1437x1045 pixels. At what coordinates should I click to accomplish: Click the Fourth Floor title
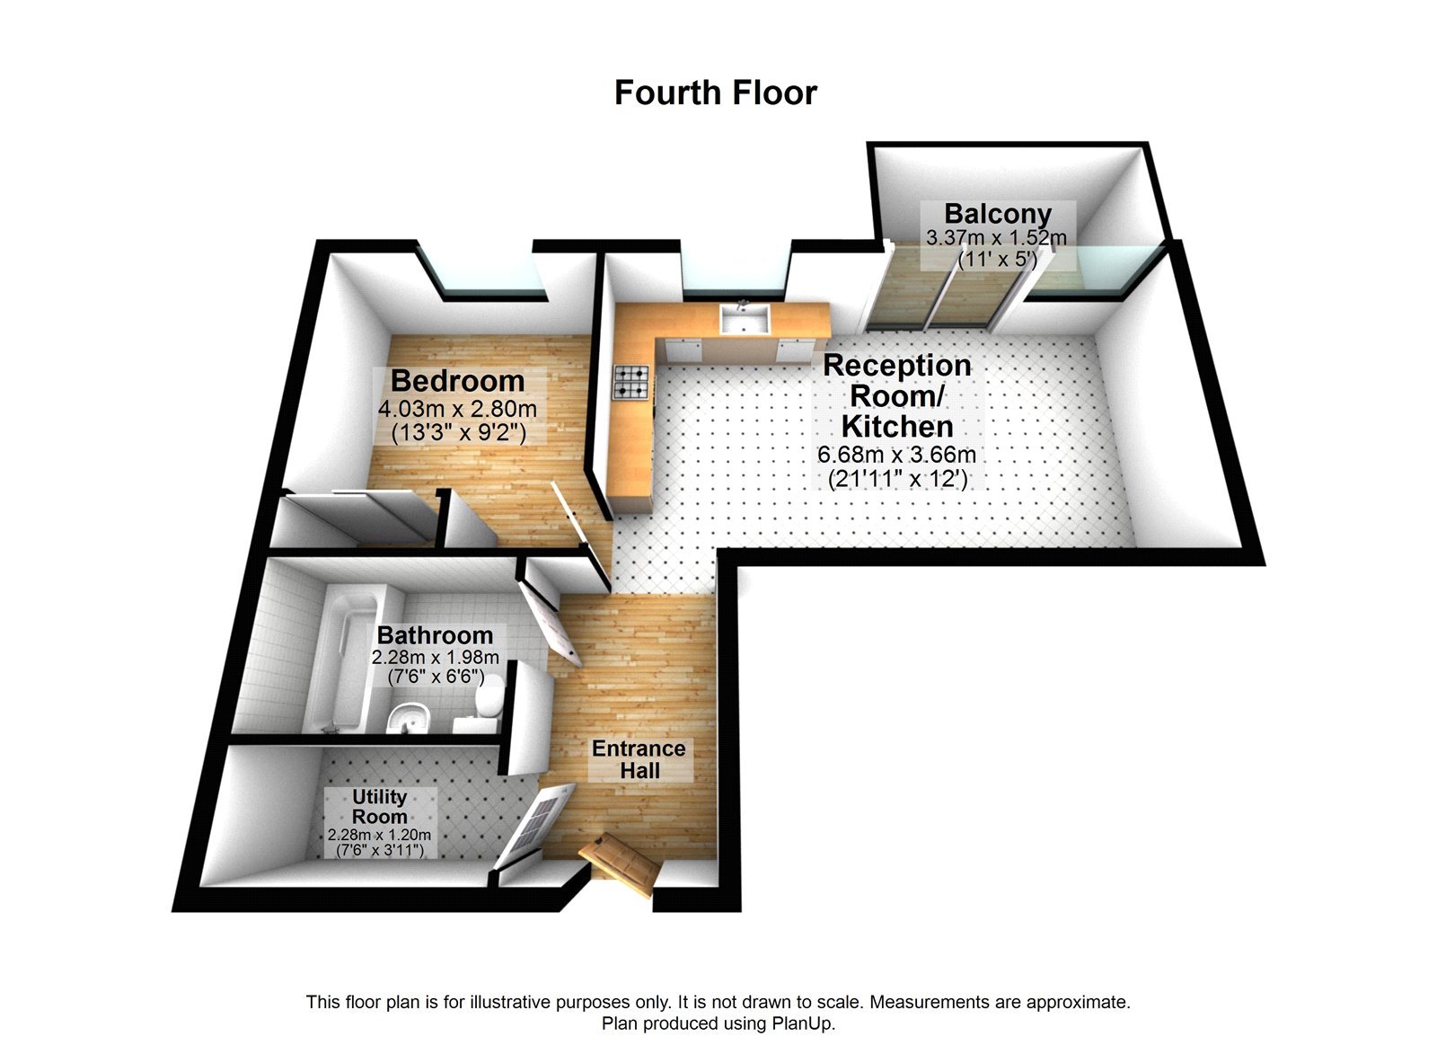pyautogui.click(x=715, y=93)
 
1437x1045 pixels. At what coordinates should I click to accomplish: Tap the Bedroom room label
pyautogui.click(x=457, y=381)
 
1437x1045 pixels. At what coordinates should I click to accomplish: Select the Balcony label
pyautogui.click(x=997, y=214)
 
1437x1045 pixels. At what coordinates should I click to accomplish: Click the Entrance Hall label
pyautogui.click(x=639, y=759)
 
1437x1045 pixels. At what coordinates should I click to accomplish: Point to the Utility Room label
pyautogui.click(x=380, y=806)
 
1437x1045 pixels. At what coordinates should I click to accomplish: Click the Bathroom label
pyautogui.click(x=435, y=635)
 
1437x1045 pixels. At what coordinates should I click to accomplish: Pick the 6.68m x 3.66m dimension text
pyautogui.click(x=896, y=455)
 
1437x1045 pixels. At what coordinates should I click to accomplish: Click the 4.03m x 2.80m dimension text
pyautogui.click(x=457, y=409)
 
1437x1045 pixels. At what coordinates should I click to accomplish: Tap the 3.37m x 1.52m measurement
pyautogui.click(x=996, y=238)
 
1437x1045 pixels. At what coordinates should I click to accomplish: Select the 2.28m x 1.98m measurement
pyautogui.click(x=436, y=658)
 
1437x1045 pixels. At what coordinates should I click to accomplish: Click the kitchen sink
pyautogui.click(x=744, y=319)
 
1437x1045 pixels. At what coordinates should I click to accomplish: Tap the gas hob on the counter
pyautogui.click(x=630, y=381)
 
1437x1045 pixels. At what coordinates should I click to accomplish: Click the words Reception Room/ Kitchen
pyautogui.click(x=896, y=395)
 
